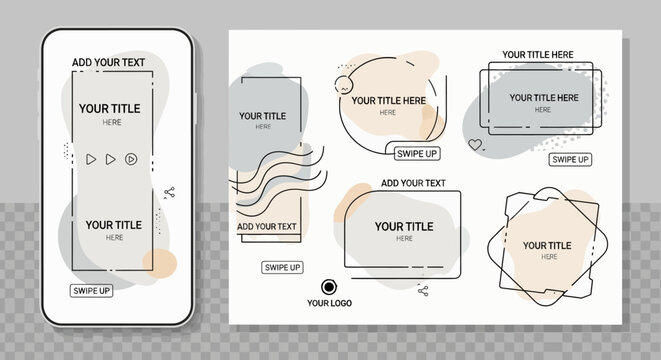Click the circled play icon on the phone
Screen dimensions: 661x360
(x=131, y=159)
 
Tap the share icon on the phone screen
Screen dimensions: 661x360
(x=169, y=193)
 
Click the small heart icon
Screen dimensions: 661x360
(x=475, y=145)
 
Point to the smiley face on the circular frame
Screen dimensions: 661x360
(x=343, y=85)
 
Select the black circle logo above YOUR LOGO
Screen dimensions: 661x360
(x=329, y=287)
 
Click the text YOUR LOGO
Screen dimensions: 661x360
(x=329, y=303)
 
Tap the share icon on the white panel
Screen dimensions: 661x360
(x=423, y=291)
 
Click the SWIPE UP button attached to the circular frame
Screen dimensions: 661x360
(x=417, y=154)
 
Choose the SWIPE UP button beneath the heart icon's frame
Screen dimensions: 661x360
(x=570, y=159)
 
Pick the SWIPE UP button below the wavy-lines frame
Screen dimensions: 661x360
(x=282, y=268)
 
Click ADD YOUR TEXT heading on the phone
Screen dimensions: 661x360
(x=108, y=62)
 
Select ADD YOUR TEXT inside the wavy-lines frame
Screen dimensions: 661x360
(x=267, y=226)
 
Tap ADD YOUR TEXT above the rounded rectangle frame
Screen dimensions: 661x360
(x=413, y=183)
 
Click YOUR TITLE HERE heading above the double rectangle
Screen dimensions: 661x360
(x=538, y=55)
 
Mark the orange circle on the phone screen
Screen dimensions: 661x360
(x=160, y=263)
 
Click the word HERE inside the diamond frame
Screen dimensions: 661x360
(x=549, y=257)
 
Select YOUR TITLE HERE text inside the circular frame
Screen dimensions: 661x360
(x=389, y=101)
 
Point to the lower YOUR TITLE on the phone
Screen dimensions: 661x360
(x=114, y=225)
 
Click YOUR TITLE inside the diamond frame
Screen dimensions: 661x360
(x=547, y=245)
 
